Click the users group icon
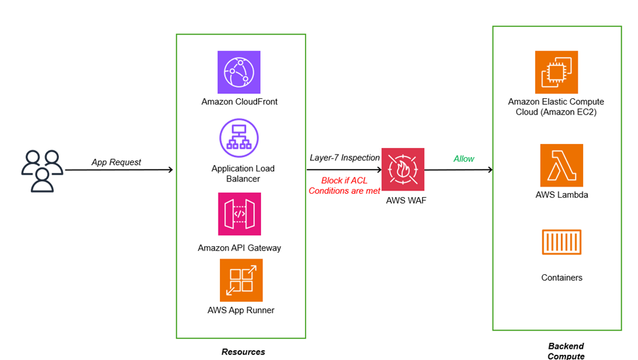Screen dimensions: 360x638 [x=42, y=171]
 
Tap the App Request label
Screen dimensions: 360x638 [x=116, y=162]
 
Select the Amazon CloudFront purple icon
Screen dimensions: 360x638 [x=239, y=72]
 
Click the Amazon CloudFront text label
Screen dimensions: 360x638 [x=239, y=101]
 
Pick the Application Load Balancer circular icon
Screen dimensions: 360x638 [x=239, y=138]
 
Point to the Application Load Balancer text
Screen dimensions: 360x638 [x=243, y=173]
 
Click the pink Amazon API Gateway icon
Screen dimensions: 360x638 [x=239, y=214]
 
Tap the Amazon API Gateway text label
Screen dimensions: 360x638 [x=239, y=248]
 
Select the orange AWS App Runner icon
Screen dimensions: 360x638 [x=241, y=280]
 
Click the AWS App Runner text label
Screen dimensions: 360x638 [x=241, y=310]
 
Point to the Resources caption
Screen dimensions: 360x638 [x=243, y=352]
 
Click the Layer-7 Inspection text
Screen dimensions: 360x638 [x=345, y=158]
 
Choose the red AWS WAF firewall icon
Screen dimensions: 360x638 [x=403, y=170]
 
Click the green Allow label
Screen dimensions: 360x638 [x=464, y=159]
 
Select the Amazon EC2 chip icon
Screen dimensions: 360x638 [x=556, y=72]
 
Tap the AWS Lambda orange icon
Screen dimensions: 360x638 [x=561, y=166]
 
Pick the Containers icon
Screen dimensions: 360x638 [x=561, y=242]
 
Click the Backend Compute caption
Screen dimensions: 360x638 [x=565, y=351]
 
